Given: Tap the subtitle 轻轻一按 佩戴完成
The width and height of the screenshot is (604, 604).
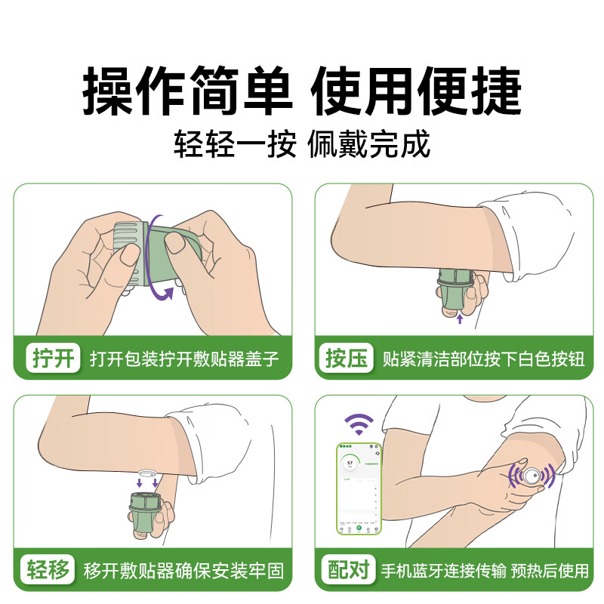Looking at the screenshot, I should click(302, 144).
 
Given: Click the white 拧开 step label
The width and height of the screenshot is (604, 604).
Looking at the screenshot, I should click(54, 358).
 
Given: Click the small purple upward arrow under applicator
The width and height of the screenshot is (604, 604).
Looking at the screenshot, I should click(459, 320).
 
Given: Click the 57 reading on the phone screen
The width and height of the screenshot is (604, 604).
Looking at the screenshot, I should click(350, 462).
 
